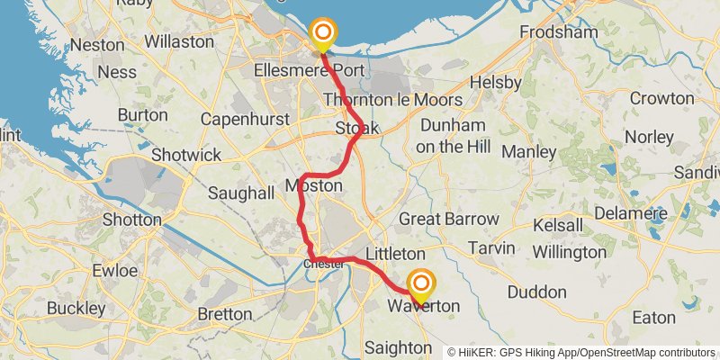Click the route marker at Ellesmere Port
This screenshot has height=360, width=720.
tap(322, 35)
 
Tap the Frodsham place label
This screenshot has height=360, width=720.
tap(558, 32)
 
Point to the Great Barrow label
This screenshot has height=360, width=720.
tap(448, 219)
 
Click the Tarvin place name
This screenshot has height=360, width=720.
tap(490, 247)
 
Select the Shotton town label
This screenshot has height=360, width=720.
tap(132, 219)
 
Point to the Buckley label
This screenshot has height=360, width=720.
tap(76, 308)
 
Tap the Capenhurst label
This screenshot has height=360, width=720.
tap(245, 119)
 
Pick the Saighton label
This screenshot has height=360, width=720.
tap(399, 347)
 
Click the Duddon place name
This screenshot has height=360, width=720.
tap(536, 292)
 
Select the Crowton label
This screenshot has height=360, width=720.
tap(661, 98)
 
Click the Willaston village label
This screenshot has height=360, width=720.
tap(179, 41)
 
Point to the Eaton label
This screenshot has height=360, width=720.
tap(653, 318)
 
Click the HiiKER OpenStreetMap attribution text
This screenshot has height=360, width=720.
tap(581, 352)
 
